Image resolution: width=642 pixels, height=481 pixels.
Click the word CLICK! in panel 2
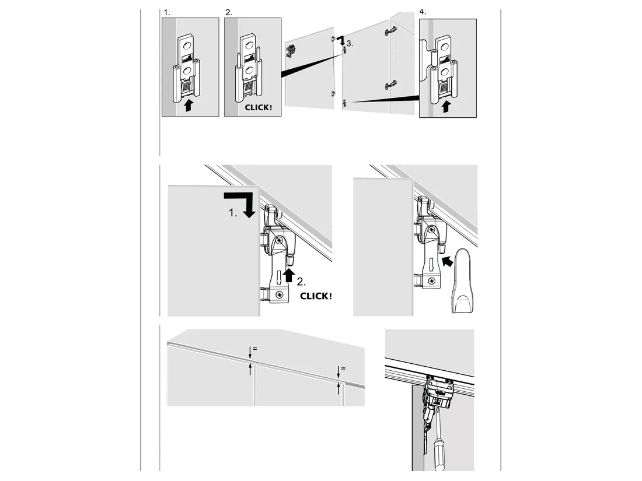tap(259, 108)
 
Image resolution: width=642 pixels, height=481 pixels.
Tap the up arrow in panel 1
tap(188, 104)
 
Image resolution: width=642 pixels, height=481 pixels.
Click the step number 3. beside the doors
tap(350, 43)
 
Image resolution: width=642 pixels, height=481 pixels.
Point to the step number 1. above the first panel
tap(167, 13)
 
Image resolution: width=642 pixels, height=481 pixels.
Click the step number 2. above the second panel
tap(228, 13)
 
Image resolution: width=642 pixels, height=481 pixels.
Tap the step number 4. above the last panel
tap(423, 12)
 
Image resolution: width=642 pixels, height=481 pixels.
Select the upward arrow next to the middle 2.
tap(289, 275)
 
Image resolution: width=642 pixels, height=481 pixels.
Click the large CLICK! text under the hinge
tap(316, 296)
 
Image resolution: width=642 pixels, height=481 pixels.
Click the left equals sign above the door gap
tap(254, 349)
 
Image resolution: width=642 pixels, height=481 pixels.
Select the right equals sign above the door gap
tap(343, 368)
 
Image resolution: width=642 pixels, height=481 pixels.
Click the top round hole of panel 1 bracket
tap(187, 44)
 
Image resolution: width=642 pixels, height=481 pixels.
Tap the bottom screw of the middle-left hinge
tap(279, 294)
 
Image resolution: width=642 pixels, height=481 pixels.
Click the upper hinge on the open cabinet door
tap(391, 31)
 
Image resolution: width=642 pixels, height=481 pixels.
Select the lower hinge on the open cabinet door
tap(390, 85)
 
